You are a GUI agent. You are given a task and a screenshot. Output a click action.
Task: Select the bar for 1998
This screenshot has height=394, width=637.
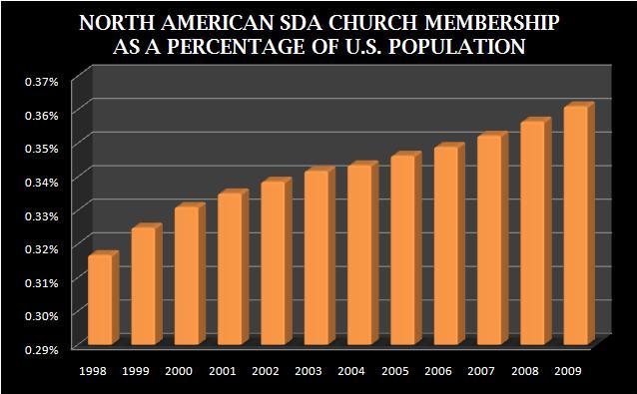101,299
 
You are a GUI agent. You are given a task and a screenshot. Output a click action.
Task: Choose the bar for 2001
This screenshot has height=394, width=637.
231,268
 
